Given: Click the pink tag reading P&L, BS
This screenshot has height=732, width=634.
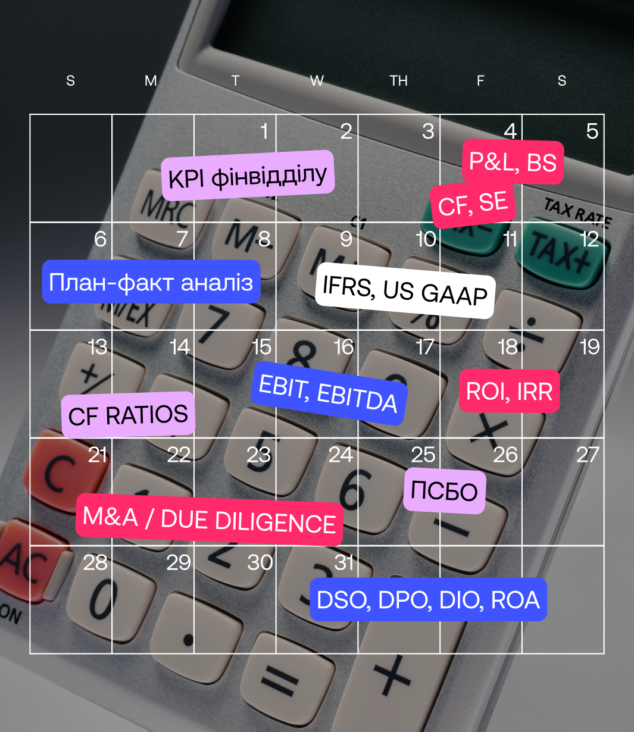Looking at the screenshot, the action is pos(513,162).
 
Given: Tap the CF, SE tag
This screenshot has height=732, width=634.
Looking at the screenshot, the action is pos(473,204).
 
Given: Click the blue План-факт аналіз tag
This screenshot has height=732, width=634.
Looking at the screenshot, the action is pos(151,281).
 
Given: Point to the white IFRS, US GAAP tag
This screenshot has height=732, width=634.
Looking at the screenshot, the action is pos(405,291).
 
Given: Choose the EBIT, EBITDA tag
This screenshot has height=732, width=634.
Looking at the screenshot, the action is pos(329,393).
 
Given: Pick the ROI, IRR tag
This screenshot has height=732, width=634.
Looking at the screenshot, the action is pos(510,391).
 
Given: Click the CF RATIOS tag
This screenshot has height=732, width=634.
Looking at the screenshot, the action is pos(128,415).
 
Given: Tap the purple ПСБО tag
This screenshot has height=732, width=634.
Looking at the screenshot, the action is pos(444,491).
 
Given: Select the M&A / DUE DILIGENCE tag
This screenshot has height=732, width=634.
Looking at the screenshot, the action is pos(210,520).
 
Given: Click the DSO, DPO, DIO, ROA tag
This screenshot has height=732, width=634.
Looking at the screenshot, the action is pos(428,599).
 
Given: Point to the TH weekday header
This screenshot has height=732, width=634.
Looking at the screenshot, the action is pos(398,81).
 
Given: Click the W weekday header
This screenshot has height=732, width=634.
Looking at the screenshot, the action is pos(317,81).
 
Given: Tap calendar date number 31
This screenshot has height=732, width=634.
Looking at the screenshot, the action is pos(343,562).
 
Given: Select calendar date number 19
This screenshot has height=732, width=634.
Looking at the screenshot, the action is pos(589,347).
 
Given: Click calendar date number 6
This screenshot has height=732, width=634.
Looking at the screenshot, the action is pos(100,239).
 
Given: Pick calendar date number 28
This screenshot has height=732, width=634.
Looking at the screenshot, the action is pos(95,562).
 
